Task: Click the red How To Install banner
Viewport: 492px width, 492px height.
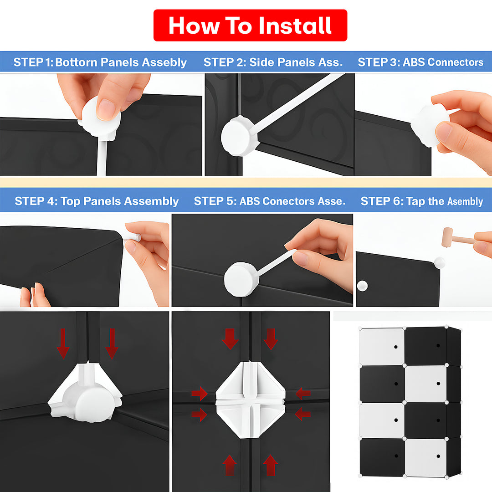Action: point(250,25)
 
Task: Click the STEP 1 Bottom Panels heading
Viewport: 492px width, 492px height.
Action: point(100,62)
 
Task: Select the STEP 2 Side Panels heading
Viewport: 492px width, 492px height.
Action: point(273,62)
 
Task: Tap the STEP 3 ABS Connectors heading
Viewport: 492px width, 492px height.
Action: point(420,62)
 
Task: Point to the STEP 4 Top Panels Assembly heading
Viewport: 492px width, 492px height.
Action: point(97,201)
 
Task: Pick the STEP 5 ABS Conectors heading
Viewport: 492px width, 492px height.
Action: point(270,201)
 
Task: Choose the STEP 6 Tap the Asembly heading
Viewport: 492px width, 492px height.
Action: point(422,201)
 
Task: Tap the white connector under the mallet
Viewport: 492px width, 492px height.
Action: point(439,262)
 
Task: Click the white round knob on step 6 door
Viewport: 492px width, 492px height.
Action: point(362,286)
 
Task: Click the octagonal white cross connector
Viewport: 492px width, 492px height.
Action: point(251,400)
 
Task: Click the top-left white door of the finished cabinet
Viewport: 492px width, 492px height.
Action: point(382,346)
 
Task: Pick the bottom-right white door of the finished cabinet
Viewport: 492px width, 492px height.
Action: point(425,456)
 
